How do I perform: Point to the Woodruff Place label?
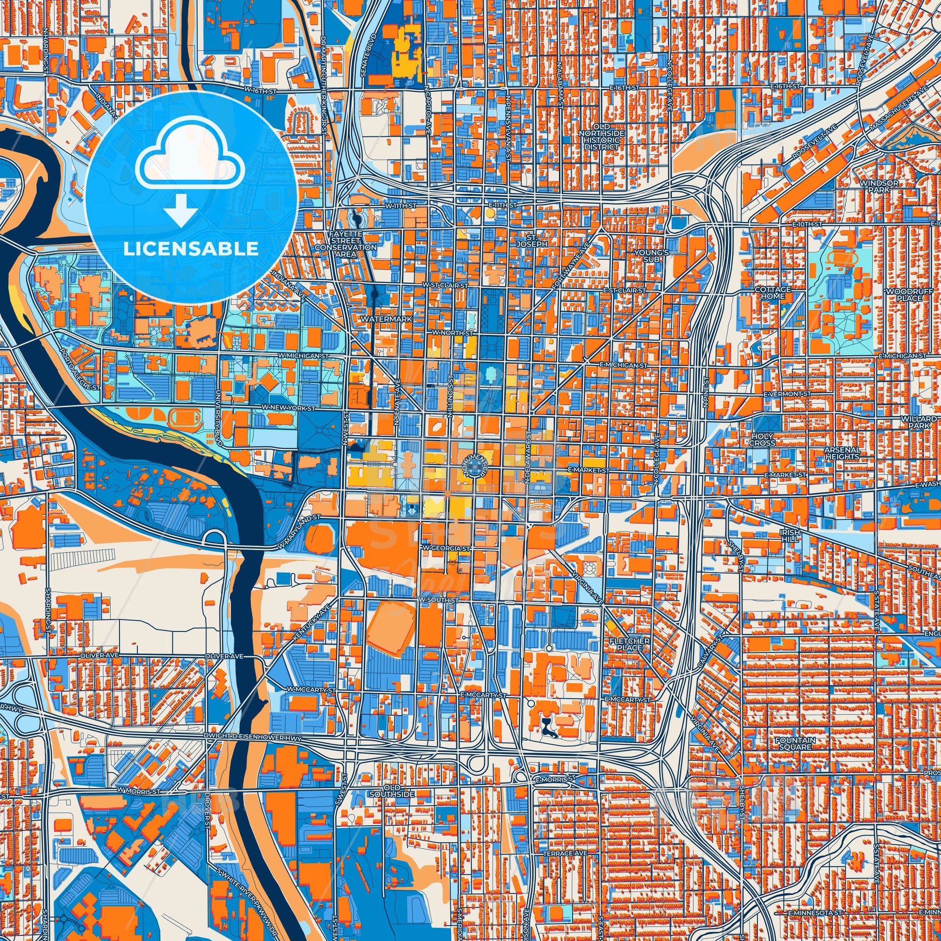tap(903, 294)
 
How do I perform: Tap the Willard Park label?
tap(909, 422)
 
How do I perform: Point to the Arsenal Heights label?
tap(842, 454)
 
